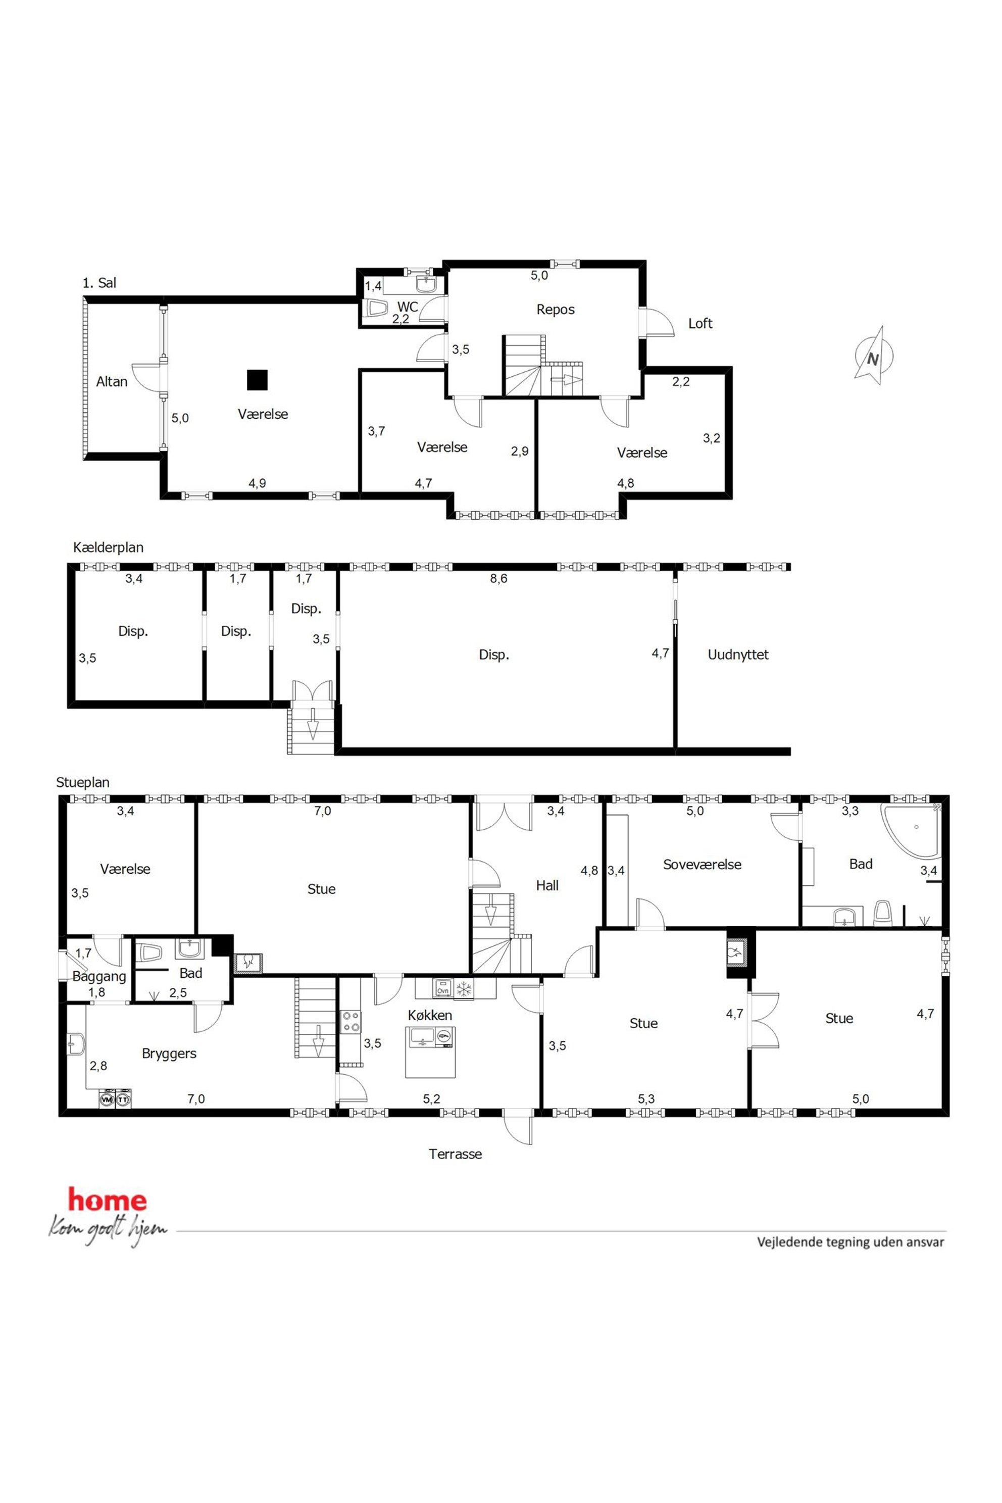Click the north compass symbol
[874, 357]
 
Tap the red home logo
[108, 1200]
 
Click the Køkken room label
[430, 1016]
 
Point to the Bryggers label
[169, 1054]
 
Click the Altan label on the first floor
[112, 381]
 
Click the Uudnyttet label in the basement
[738, 655]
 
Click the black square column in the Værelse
[258, 380]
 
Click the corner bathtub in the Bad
[911, 831]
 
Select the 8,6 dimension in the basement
[498, 579]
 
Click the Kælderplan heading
[108, 547]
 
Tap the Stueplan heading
[82, 783]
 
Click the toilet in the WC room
[375, 309]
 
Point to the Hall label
[547, 886]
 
